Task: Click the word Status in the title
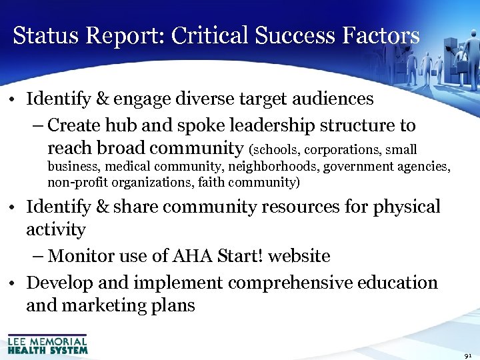[x=43, y=35]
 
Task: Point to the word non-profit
[x=74, y=181]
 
